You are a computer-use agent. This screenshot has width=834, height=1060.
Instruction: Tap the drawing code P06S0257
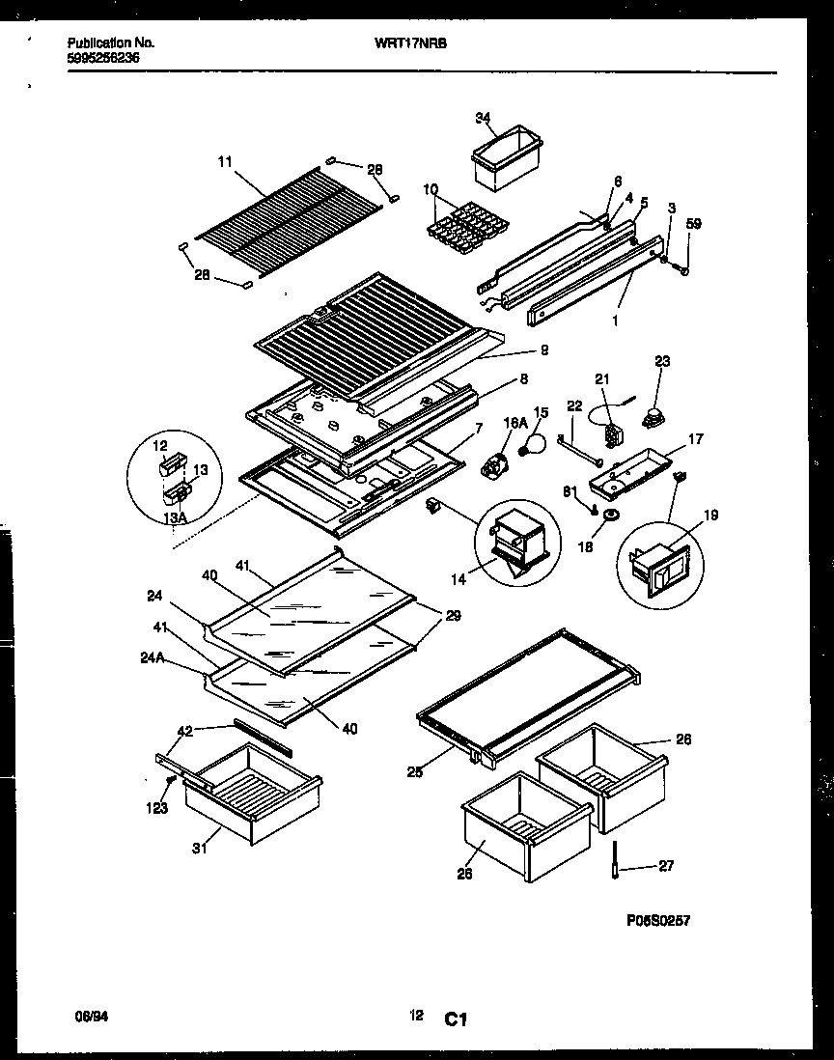[x=658, y=921]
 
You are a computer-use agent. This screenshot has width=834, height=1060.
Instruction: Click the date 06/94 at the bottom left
[x=90, y=1016]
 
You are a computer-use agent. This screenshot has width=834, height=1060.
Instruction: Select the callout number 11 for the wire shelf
[x=225, y=163]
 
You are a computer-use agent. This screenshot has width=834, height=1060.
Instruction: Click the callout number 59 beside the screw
[x=693, y=225]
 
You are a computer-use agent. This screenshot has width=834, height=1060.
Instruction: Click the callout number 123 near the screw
[x=156, y=808]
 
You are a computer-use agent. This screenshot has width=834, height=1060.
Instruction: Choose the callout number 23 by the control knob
[x=662, y=362]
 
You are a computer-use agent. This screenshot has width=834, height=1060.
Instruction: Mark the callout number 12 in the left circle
[x=159, y=447]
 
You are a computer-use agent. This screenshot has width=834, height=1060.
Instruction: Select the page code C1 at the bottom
[x=456, y=1018]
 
